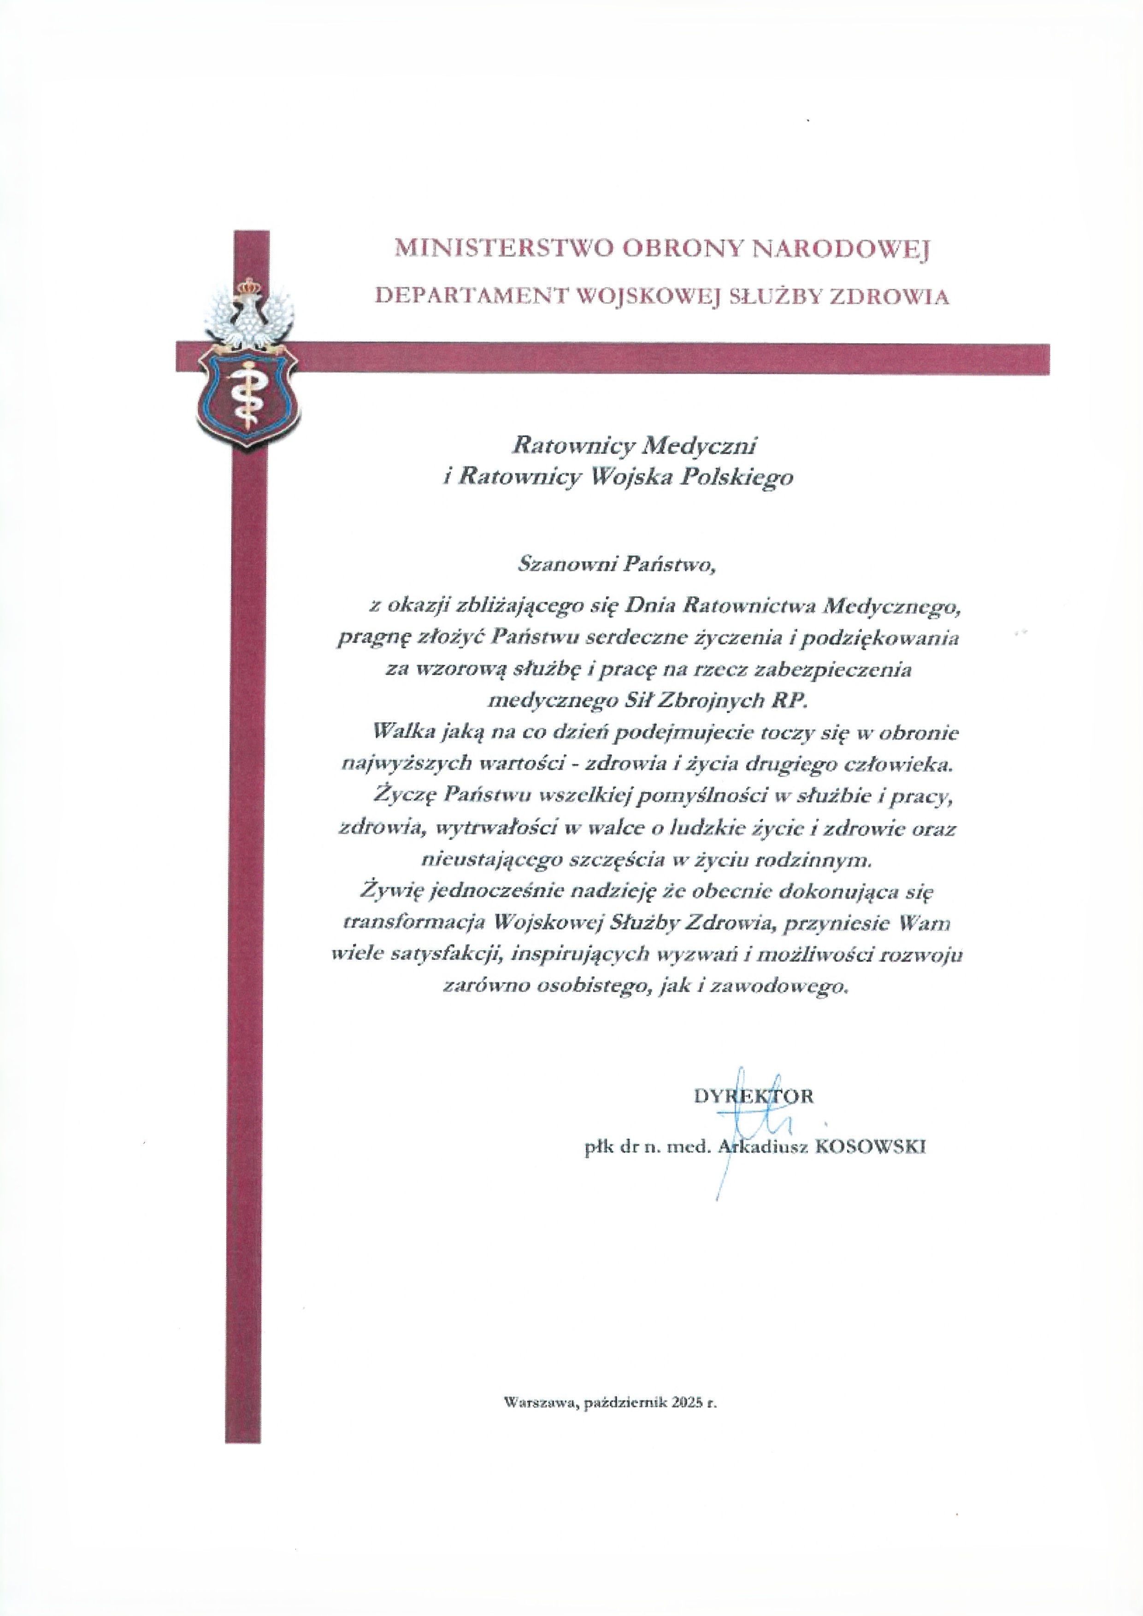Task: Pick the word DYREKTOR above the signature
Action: point(753,1096)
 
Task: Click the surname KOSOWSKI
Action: point(870,1146)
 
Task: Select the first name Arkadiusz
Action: point(761,1146)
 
